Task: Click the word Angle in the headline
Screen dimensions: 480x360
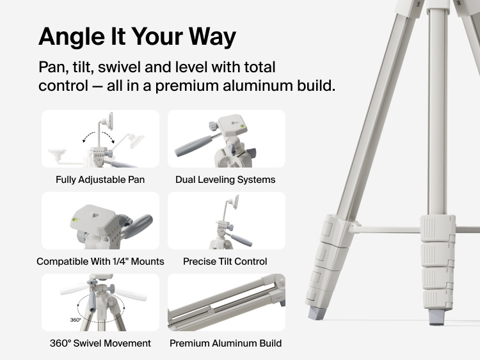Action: [x=72, y=37]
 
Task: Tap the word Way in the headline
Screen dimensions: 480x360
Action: [x=212, y=37]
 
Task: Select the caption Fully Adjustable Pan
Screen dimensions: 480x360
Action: [x=100, y=180]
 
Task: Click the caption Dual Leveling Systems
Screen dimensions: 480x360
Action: [x=225, y=180]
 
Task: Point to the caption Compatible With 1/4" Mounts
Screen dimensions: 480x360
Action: [x=100, y=262]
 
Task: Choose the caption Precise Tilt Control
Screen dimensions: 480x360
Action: [x=225, y=262]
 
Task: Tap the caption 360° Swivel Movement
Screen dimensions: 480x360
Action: [x=100, y=343]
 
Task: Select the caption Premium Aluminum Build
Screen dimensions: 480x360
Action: [x=226, y=343]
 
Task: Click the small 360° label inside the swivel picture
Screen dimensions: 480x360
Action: [x=76, y=320]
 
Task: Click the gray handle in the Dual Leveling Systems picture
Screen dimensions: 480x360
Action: [x=193, y=146]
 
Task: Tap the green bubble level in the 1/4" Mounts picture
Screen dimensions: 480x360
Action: [x=76, y=219]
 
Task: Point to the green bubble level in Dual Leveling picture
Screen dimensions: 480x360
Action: [x=243, y=126]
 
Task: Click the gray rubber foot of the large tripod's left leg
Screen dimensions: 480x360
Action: [x=316, y=313]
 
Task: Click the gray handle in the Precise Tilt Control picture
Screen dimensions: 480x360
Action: [x=241, y=240]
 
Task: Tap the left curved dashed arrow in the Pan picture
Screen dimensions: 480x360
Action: [x=88, y=136]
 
